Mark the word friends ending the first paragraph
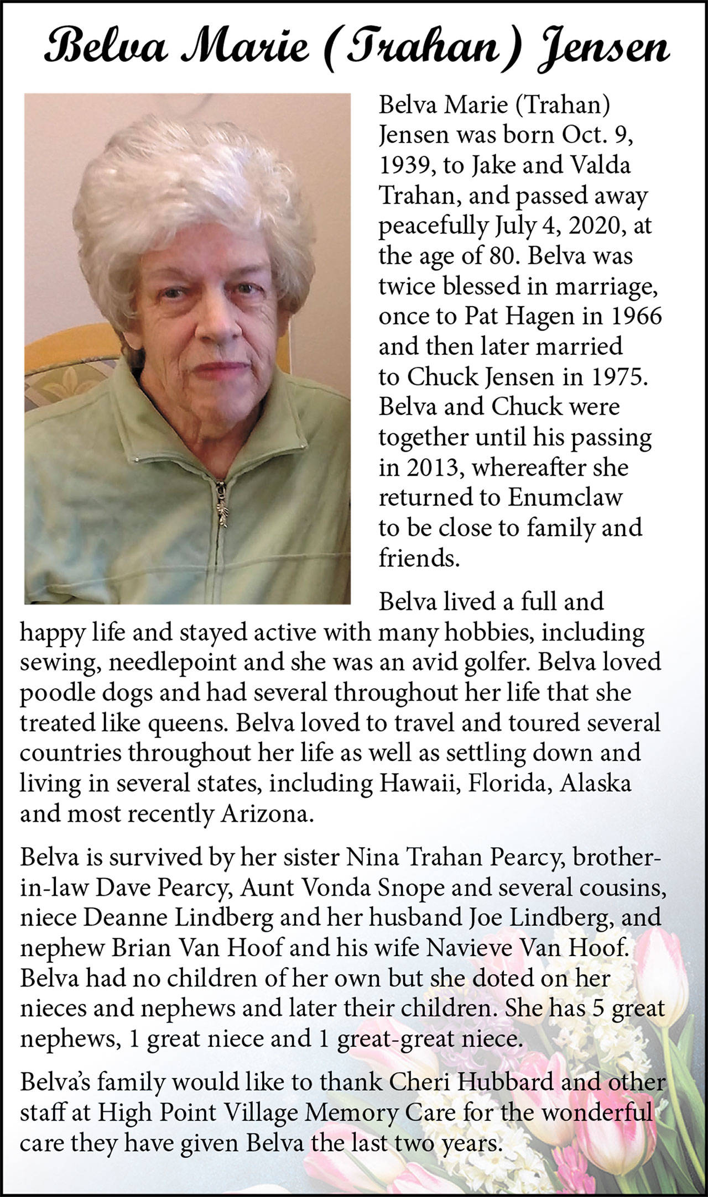click(418, 559)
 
